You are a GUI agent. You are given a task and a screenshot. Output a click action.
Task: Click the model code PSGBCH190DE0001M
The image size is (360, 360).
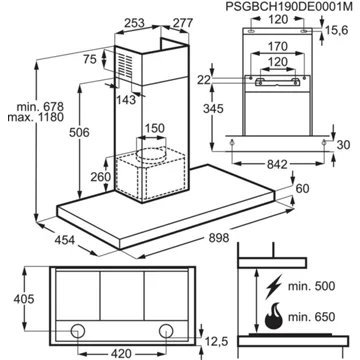(x=289, y=7)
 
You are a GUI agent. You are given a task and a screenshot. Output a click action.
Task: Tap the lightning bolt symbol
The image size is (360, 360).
(x=274, y=285)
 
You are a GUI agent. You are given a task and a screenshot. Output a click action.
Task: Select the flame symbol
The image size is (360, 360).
(x=273, y=316)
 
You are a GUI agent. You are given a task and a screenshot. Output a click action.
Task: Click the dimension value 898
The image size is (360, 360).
(x=219, y=238)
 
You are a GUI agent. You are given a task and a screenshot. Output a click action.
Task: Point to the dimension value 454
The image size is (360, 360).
(x=64, y=240)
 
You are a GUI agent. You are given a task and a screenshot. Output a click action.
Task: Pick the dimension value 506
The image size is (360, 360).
(x=79, y=133)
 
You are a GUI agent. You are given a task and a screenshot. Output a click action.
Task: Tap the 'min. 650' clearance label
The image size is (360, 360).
(x=312, y=316)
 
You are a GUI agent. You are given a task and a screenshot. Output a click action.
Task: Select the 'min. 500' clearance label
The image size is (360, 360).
(x=312, y=286)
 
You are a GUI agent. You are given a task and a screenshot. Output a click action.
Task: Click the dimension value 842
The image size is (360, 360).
(x=277, y=164)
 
